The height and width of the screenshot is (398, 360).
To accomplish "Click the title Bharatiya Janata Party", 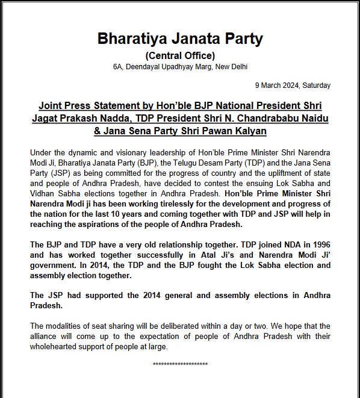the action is (x=180, y=39).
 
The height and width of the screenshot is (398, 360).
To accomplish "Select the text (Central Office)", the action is (x=180, y=55).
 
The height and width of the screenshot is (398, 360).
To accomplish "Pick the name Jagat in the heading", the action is (x=46, y=117).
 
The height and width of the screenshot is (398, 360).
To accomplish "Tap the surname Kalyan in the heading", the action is (x=250, y=131).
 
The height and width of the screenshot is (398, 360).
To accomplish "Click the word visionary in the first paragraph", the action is (x=120, y=154).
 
